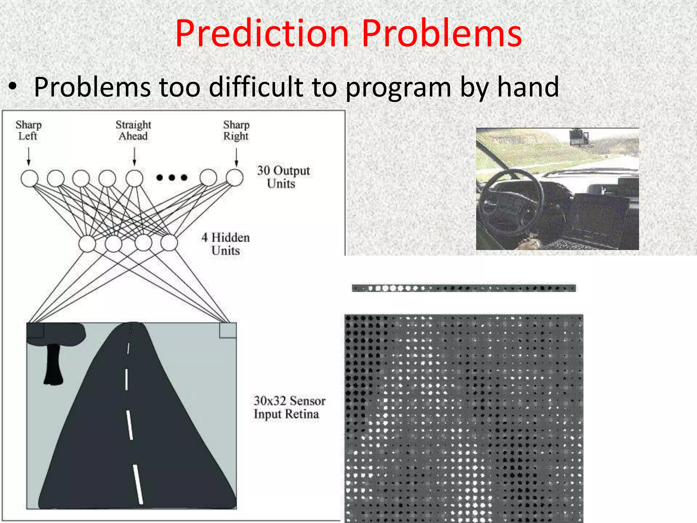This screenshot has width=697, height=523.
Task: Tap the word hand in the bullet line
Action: pos(528,87)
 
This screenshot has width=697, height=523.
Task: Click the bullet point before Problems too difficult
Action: pos(13,88)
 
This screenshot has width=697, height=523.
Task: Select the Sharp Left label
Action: pos(28,130)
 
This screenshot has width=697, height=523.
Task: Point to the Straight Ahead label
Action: pos(133,130)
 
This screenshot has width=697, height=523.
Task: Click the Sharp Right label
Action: pos(236,130)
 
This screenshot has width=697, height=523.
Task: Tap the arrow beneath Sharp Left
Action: pos(29,157)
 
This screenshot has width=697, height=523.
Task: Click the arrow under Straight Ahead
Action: pos(134,157)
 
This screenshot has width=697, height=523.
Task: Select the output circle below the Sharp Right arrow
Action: pos(235,178)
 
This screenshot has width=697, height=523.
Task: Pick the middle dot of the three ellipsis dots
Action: pos(172,177)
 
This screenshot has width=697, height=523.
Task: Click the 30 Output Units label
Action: pos(283,177)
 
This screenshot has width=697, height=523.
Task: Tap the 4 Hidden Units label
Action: pos(225,244)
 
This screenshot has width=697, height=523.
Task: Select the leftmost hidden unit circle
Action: pos(87,244)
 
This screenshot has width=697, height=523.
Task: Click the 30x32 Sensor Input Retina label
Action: pos(289,407)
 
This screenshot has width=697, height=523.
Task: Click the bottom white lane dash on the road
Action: pos(138,484)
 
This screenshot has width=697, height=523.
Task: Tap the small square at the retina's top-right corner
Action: pos(228,330)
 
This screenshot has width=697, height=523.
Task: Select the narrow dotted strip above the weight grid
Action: pos(464,288)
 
